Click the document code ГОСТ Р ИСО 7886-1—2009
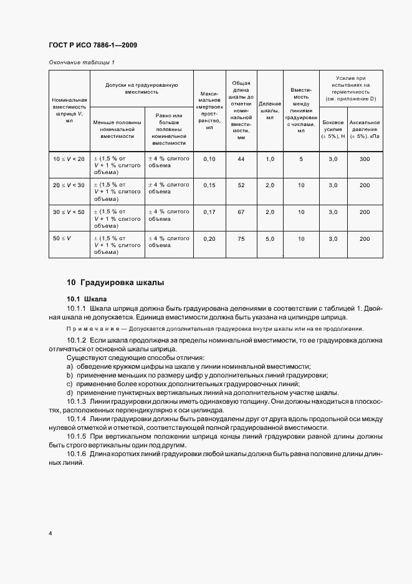point(93,45)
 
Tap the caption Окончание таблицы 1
point(82,62)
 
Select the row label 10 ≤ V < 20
point(69,159)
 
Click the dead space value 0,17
point(209,212)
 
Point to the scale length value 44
point(241,159)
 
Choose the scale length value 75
point(241,239)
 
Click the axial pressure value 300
point(364,159)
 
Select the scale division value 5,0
point(270,239)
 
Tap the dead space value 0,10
point(209,159)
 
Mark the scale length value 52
point(241,185)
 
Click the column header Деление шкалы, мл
point(270,110)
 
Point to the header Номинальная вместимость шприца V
point(69,110)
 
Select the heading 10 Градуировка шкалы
point(115,283)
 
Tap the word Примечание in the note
point(88,329)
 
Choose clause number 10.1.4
point(77,419)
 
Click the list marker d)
point(70,392)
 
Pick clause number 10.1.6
point(77,454)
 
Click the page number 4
point(50,533)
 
